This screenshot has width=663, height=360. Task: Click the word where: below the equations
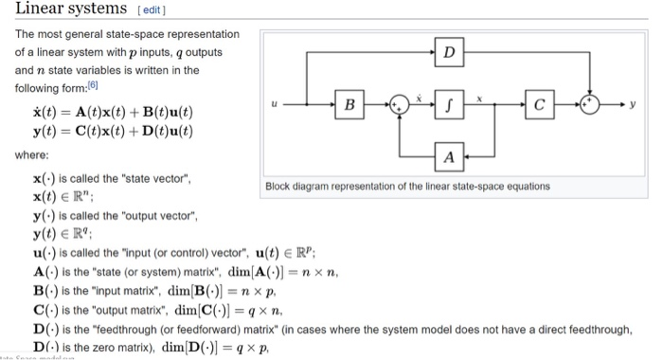(32, 154)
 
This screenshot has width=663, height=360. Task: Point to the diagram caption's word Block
(281, 187)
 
